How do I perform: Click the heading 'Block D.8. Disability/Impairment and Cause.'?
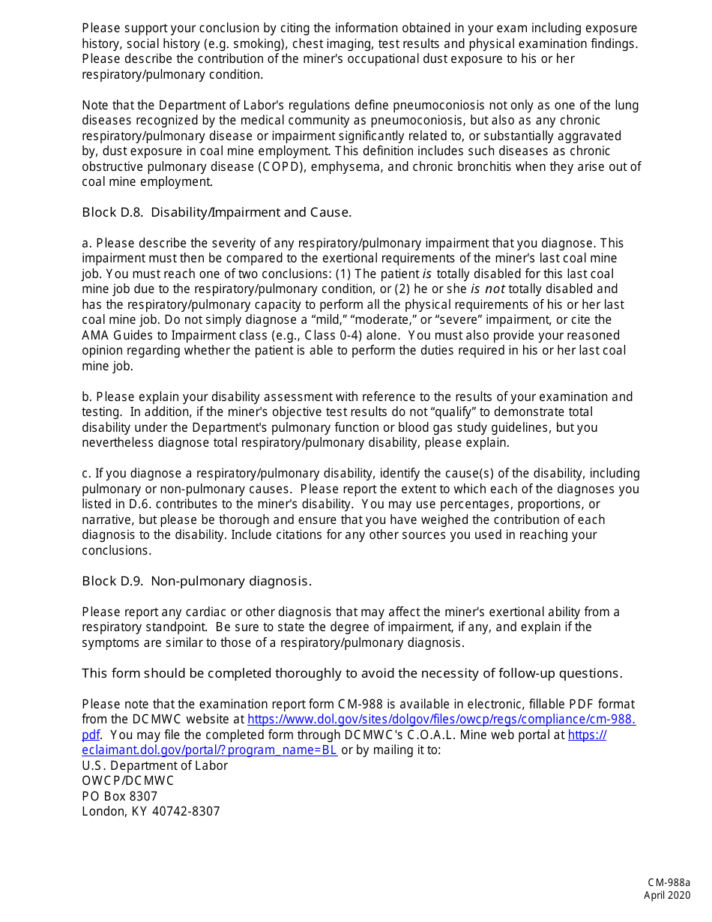tap(217, 213)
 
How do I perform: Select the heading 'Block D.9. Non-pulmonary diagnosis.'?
tap(196, 582)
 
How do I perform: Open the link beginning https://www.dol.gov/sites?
tap(441, 720)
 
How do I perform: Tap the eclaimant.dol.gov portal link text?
tap(210, 750)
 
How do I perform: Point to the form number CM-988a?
tap(669, 884)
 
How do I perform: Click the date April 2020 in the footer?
tap(667, 895)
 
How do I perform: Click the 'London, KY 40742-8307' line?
tap(151, 812)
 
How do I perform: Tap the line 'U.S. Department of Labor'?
tap(154, 766)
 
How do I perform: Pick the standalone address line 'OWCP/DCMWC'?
tap(128, 781)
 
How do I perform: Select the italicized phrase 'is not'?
tap(487, 289)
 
